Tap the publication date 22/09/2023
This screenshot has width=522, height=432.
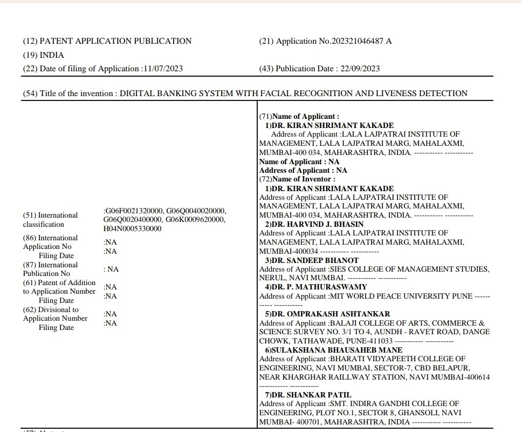pos(360,69)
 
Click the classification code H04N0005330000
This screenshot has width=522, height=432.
pos(132,228)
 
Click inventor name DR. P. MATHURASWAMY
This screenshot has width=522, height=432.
pos(316,287)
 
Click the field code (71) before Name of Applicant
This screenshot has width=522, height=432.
pos(265,117)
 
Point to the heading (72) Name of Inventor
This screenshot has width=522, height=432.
pos(297,179)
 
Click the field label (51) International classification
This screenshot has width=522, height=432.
pos(51,219)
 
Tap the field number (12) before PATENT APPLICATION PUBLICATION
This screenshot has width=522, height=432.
pos(30,41)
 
